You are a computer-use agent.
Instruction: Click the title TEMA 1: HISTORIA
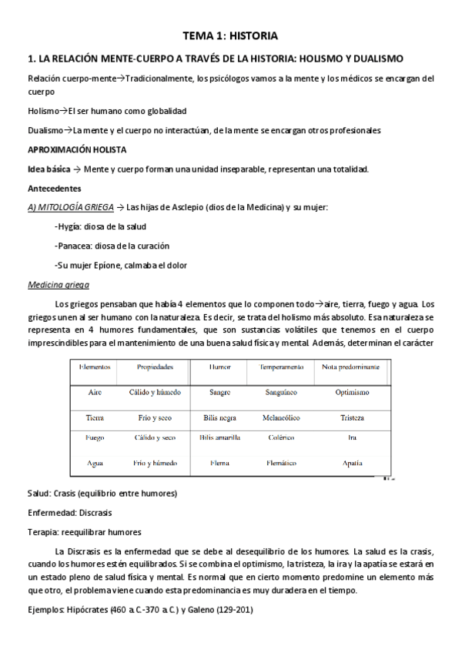pyautogui.click(x=230, y=35)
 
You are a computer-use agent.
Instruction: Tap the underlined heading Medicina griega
pyautogui.click(x=59, y=284)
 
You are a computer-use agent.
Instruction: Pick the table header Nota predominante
pyautogui.click(x=351, y=367)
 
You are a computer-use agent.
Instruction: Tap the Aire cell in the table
pyautogui.click(x=95, y=392)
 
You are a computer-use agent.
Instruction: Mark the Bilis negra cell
pyautogui.click(x=219, y=417)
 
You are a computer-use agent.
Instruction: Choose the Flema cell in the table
pyautogui.click(x=219, y=464)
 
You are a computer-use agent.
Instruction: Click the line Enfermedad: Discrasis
pyautogui.click(x=69, y=512)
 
